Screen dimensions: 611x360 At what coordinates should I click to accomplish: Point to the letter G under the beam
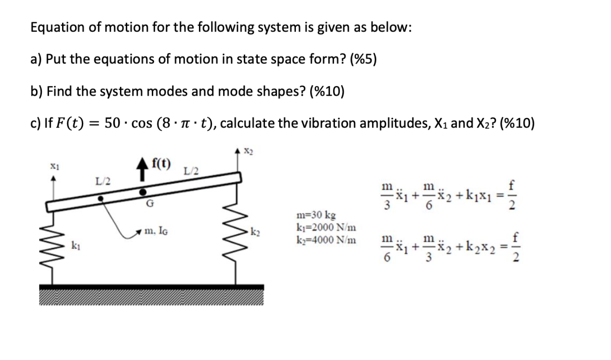(x=149, y=204)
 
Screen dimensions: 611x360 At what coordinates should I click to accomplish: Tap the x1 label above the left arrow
(x=53, y=166)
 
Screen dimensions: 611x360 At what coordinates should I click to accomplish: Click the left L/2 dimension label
(x=103, y=181)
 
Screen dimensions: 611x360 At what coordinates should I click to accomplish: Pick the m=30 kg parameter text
(x=316, y=216)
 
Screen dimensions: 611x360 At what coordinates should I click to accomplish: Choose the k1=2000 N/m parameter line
(x=326, y=228)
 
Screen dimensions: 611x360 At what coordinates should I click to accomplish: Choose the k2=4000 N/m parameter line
(x=326, y=240)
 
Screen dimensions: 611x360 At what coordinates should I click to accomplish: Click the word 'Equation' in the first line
(x=57, y=28)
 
